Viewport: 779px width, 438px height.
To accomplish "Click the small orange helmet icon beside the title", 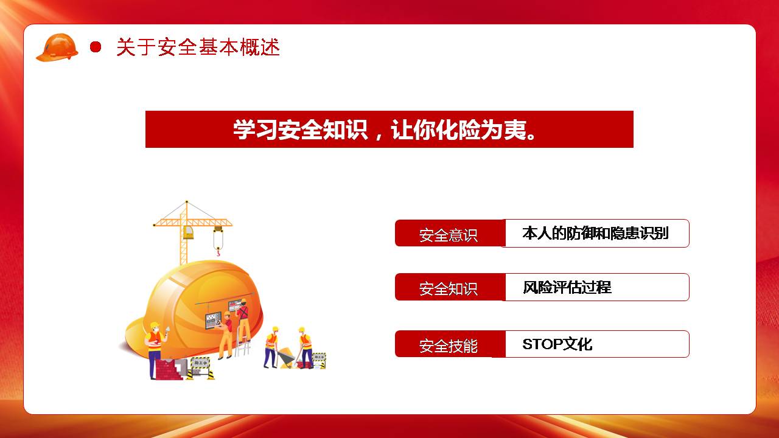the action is click(x=57, y=47).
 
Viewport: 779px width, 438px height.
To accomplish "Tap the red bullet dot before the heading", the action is click(x=96, y=47).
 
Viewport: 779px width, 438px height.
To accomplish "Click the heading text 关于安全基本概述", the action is click(x=198, y=47).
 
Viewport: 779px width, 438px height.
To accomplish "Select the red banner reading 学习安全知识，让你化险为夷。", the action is click(x=389, y=130).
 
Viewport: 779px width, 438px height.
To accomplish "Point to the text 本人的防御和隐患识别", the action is click(x=595, y=233).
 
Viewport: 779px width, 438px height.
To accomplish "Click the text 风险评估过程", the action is click(x=567, y=287).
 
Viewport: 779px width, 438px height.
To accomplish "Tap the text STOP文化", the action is click(x=557, y=344).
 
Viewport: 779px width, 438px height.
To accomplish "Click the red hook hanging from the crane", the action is click(x=218, y=251).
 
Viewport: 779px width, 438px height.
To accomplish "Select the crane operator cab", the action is click(x=189, y=232).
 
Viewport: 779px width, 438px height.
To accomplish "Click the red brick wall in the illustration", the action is click(x=169, y=369).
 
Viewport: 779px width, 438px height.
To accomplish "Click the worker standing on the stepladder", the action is click(x=244, y=320).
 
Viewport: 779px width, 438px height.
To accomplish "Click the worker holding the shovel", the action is click(x=305, y=347).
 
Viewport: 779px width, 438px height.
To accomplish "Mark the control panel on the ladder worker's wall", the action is click(x=213, y=320).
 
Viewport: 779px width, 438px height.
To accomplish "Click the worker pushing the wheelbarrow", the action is click(x=271, y=347).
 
